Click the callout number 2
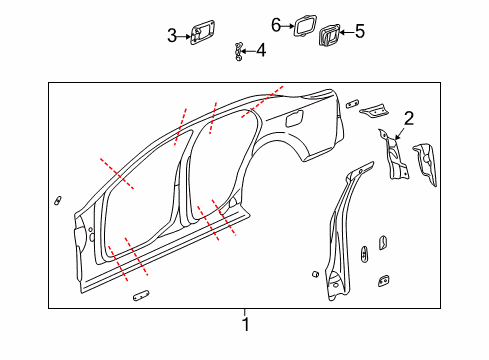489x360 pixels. point(407,117)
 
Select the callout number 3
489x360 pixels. point(172,36)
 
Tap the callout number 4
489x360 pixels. point(260,50)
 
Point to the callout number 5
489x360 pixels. point(359,32)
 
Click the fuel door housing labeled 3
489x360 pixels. point(201,35)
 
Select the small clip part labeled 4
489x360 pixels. point(239,50)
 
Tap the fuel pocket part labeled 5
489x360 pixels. point(328,37)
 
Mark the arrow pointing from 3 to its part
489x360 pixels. point(183,36)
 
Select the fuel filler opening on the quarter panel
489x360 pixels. point(296,117)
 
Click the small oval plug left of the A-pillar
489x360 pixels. point(58,200)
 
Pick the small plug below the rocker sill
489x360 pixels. point(139,295)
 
